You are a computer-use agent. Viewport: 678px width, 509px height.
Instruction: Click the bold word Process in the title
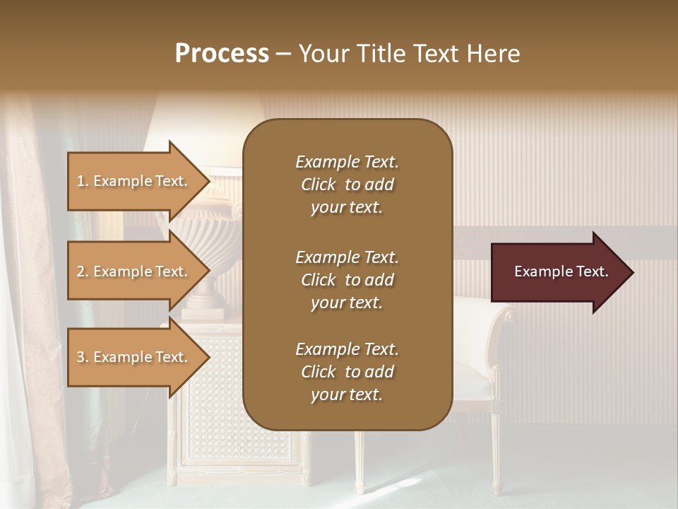click(x=222, y=54)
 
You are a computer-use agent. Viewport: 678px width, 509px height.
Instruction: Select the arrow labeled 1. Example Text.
click(x=134, y=181)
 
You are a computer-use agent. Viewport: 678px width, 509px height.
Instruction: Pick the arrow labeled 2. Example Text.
click(x=134, y=271)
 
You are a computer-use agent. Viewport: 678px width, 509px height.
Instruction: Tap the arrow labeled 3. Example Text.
click(x=134, y=357)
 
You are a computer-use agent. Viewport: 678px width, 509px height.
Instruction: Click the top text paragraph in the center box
click(x=347, y=185)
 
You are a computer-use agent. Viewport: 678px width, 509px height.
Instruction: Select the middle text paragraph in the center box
click(x=347, y=280)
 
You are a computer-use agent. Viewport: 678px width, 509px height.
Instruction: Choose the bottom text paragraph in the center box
click(x=347, y=372)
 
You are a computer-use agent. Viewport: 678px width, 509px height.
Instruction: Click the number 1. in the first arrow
click(x=83, y=181)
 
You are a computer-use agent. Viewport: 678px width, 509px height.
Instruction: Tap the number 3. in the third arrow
click(x=83, y=357)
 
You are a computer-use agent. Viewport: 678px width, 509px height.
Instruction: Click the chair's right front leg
click(x=496, y=452)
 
